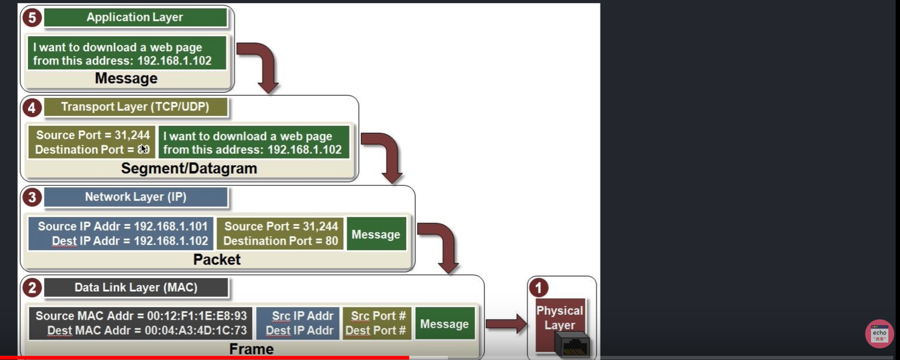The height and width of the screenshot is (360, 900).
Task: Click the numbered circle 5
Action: pos(32,18)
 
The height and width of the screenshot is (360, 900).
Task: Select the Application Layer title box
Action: pos(135,17)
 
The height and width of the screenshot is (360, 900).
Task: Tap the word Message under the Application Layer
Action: pos(126,78)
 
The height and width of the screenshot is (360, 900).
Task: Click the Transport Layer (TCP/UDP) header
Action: pos(135,107)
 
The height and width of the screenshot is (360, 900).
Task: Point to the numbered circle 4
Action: pos(32,107)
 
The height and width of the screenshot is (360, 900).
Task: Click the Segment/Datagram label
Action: pos(189,168)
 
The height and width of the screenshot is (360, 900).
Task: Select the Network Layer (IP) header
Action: pos(135,197)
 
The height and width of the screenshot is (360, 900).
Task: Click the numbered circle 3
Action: pos(32,197)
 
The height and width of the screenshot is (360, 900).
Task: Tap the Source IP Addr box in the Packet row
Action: pos(121,234)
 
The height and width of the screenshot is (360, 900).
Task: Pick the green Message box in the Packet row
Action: pos(376,234)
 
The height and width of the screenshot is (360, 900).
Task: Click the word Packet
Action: pos(217,259)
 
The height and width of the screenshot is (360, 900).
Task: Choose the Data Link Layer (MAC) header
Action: pos(135,287)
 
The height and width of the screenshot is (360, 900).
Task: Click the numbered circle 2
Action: pos(32,288)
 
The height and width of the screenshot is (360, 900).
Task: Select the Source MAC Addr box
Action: pos(140,323)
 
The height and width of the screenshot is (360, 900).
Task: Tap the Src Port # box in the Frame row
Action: pos(376,323)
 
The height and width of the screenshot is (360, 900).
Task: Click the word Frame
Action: pos(251,349)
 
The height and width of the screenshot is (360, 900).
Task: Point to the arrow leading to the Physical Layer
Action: pos(505,324)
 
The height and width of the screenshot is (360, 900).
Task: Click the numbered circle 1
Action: pos(538,288)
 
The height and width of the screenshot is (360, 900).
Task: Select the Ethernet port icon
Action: pos(575,345)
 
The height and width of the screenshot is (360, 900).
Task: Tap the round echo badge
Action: pos(879,333)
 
